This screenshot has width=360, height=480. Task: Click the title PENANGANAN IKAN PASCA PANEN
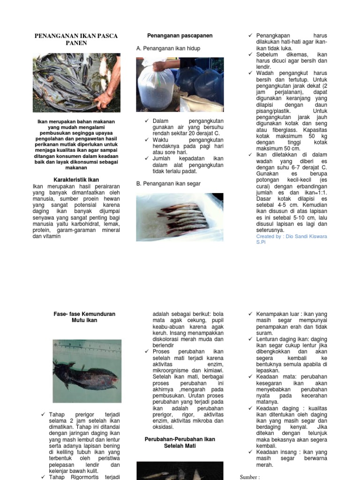coord(76,39)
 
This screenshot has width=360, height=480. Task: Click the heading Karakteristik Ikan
coord(76,180)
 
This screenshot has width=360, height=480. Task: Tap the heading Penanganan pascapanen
coord(180,36)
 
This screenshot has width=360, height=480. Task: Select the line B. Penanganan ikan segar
coord(168,184)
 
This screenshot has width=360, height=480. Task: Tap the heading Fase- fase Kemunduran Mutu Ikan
coord(84,317)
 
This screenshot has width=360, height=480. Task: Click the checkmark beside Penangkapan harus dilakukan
coord(251,36)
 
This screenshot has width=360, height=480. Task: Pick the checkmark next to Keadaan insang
coord(251,452)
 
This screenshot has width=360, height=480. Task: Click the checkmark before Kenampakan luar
coord(251,314)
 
